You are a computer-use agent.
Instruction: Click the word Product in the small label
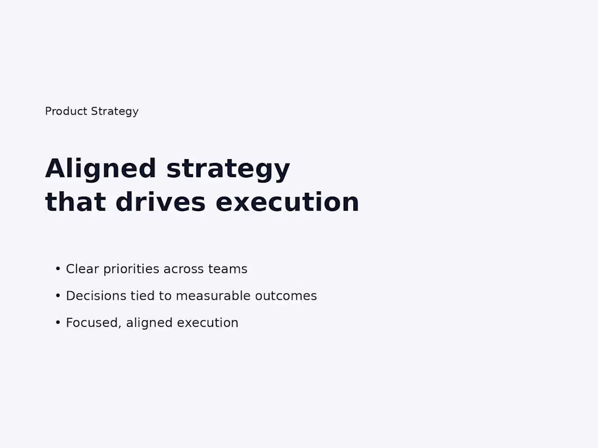(66, 111)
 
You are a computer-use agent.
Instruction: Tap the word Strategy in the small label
(115, 111)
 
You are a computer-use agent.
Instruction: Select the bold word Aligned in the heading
(101, 168)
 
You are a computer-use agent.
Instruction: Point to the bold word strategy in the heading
(228, 169)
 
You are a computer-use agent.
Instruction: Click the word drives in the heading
(160, 202)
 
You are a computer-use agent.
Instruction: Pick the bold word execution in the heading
(287, 202)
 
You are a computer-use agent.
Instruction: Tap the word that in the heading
(75, 202)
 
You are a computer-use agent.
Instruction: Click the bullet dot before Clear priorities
(58, 269)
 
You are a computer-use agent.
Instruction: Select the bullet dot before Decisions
(58, 295)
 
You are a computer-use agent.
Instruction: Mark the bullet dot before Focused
(58, 323)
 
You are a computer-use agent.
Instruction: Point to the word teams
(228, 269)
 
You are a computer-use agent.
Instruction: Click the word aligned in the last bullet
(149, 323)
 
